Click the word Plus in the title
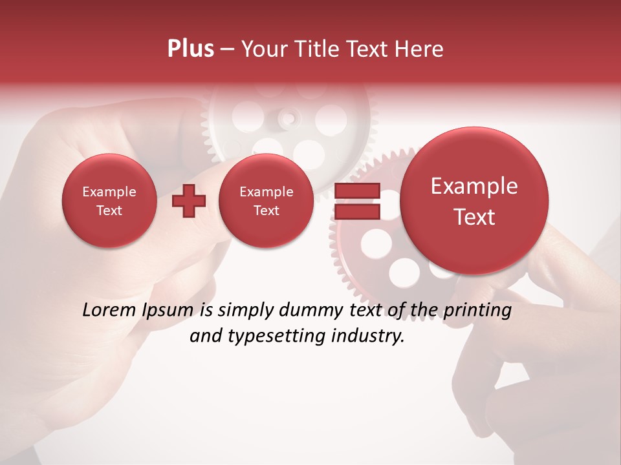point(190,49)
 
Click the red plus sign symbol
point(189,201)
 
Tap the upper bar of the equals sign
point(356,191)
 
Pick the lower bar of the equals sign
point(356,212)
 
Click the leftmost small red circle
point(109,201)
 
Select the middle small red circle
point(266,201)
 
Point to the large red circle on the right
point(474,201)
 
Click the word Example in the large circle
point(474,186)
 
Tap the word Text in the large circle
point(474,217)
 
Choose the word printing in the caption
point(477,310)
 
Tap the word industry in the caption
point(371,336)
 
